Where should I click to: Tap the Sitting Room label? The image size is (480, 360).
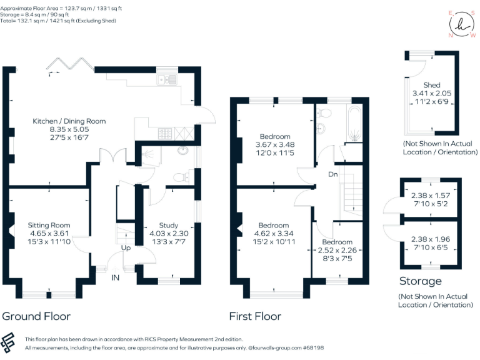[x=49, y=225]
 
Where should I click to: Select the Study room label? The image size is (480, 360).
[x=169, y=226]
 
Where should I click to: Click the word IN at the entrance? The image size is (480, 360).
[x=116, y=277]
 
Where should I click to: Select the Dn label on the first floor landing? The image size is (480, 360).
[x=333, y=174]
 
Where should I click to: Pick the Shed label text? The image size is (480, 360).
[x=431, y=85]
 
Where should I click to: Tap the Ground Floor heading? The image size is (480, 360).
[x=36, y=316]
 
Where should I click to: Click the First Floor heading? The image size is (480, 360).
[x=255, y=316]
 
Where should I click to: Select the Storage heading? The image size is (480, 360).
[x=421, y=281]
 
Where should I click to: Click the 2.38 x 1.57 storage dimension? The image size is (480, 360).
[x=431, y=195]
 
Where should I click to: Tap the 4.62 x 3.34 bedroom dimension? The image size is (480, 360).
[x=274, y=234]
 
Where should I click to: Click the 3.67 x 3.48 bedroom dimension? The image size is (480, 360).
[x=276, y=144]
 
